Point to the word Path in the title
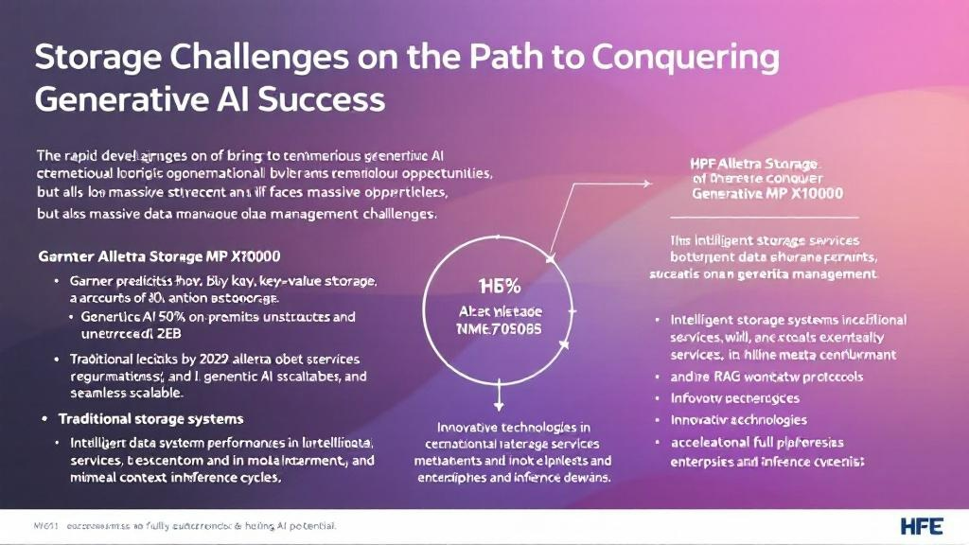point(502,58)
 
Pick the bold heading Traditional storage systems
point(150,418)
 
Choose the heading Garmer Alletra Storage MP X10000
point(158,256)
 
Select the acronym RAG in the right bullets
point(712,377)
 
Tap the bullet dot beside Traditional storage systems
point(44,418)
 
